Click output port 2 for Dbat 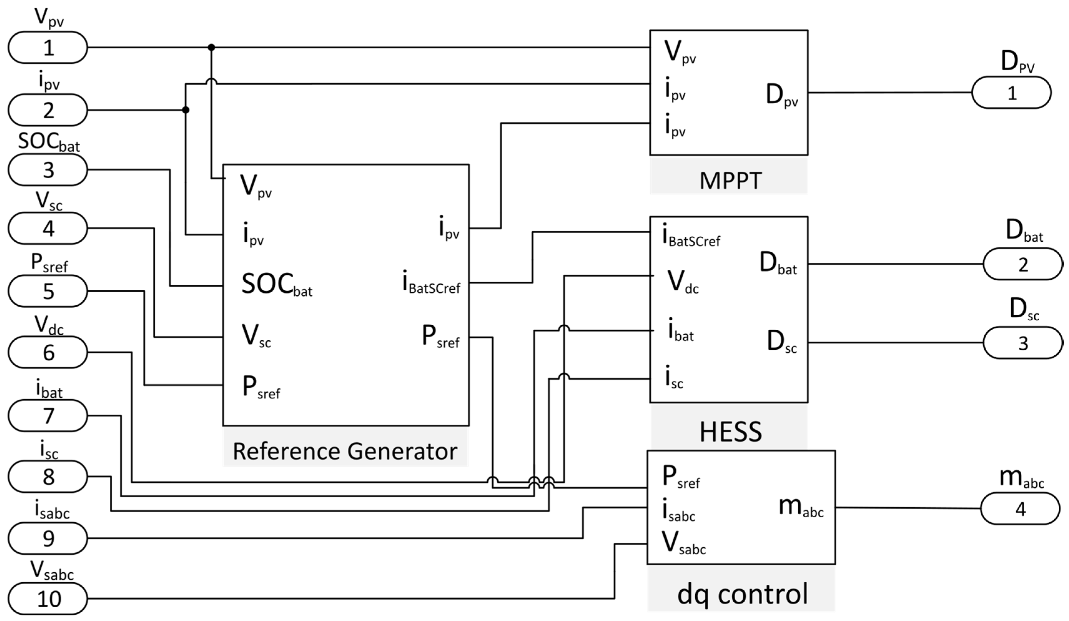[1022, 264]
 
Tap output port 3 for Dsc [1022, 343]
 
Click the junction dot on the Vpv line [211, 47]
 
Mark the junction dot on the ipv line [185, 110]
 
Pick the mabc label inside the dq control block [801, 507]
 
